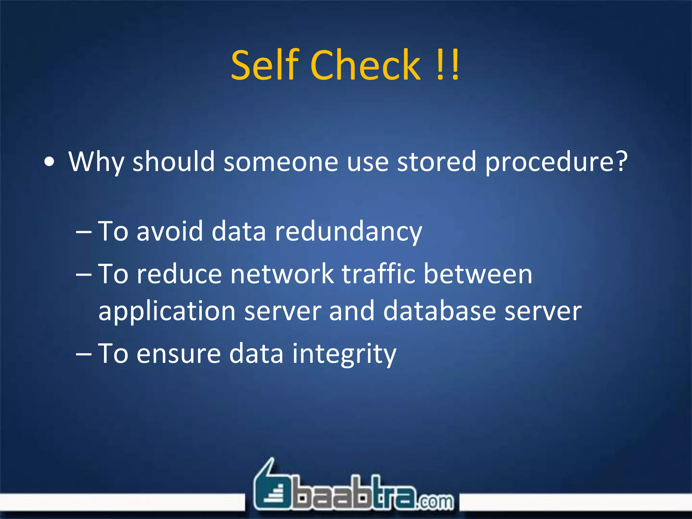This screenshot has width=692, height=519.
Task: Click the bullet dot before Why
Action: (49, 162)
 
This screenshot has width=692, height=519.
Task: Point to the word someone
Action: (281, 162)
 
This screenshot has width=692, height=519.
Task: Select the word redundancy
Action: (348, 232)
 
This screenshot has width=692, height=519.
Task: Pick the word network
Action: (282, 274)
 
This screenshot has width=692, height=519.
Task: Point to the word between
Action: (478, 274)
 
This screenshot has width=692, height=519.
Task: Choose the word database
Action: (440, 311)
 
